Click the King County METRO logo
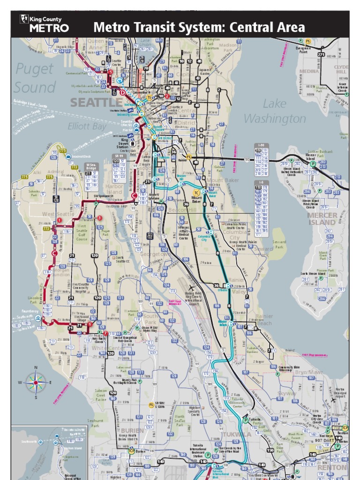click(x=44, y=23)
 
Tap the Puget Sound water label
click(x=35, y=78)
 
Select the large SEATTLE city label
click(x=96, y=102)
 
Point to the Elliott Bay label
click(x=87, y=126)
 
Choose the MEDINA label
click(x=309, y=72)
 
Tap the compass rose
click(x=36, y=382)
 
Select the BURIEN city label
click(x=133, y=430)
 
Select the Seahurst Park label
click(x=95, y=423)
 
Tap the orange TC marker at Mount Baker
click(x=196, y=192)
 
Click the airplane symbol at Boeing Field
click(x=192, y=288)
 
